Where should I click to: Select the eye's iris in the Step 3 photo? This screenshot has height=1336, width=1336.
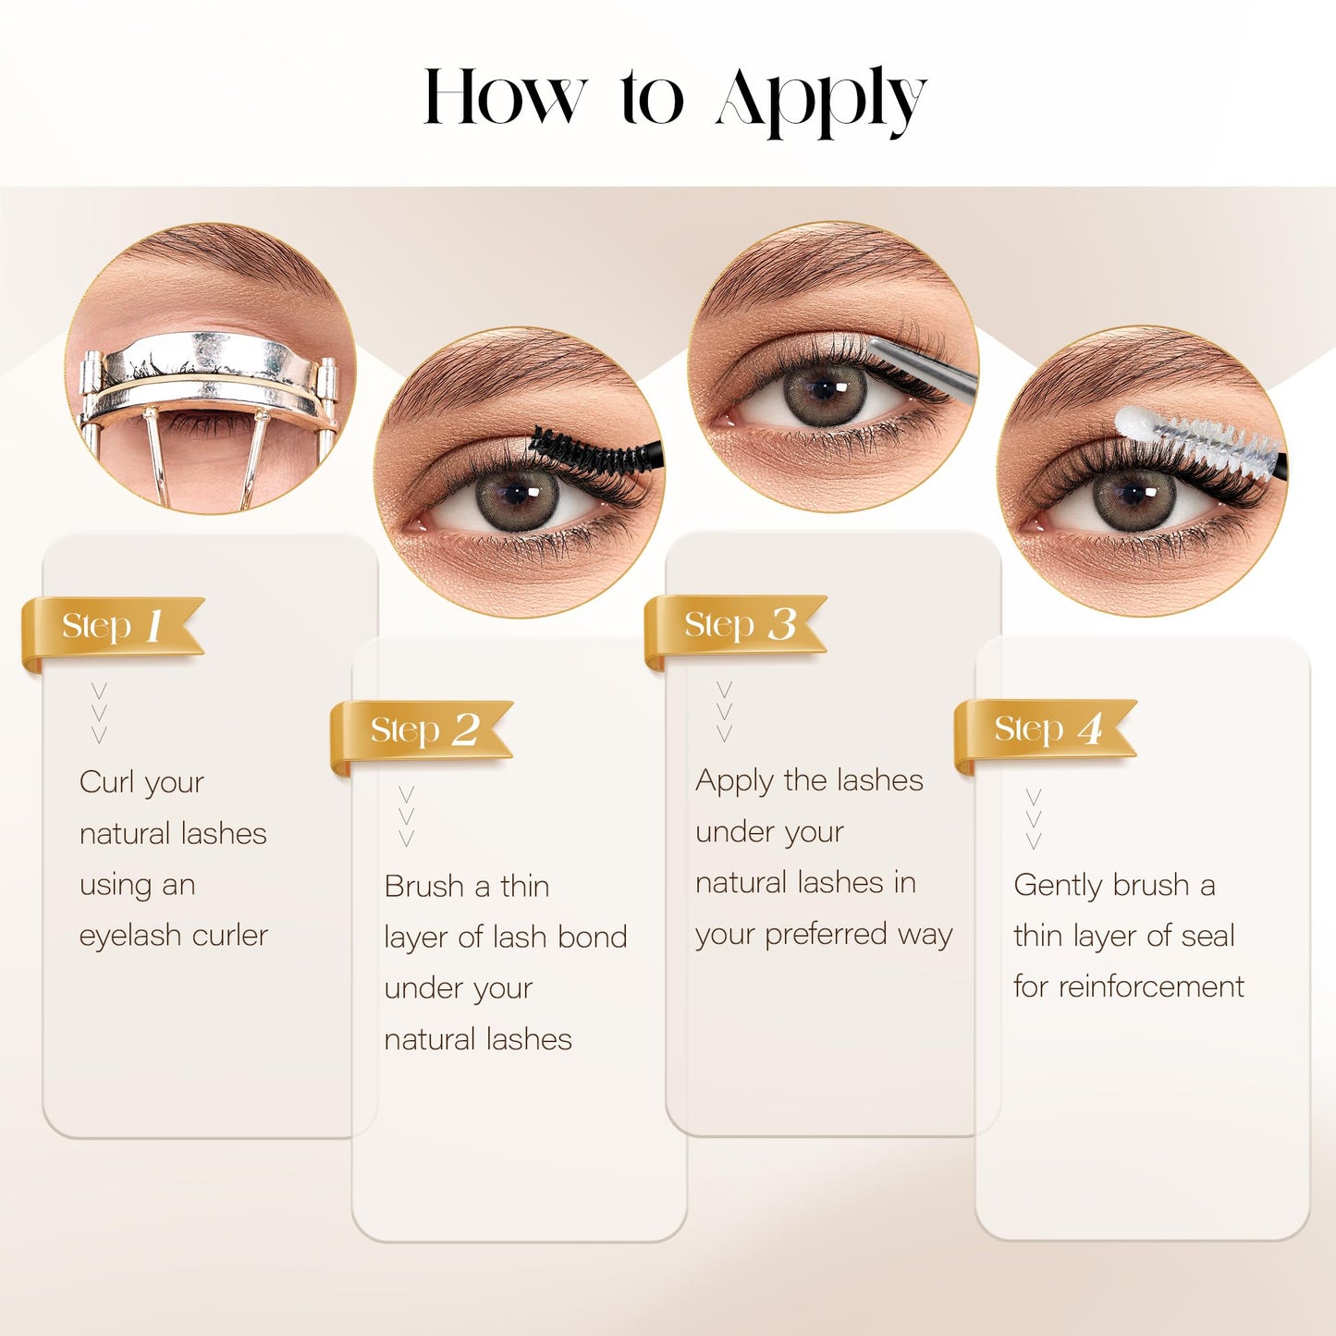[x=825, y=392]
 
